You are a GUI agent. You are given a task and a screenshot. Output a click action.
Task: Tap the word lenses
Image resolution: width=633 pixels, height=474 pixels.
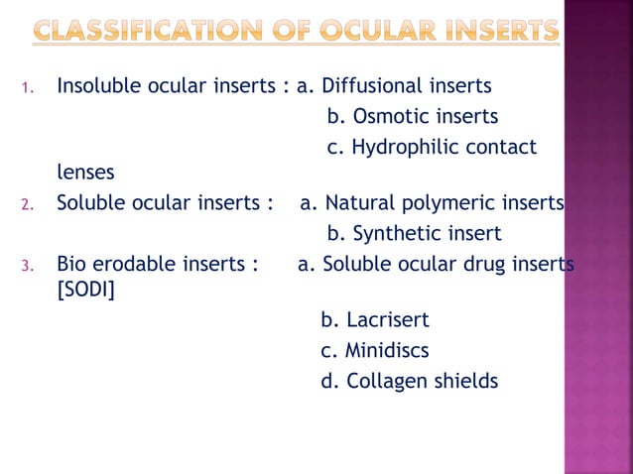pos(85,173)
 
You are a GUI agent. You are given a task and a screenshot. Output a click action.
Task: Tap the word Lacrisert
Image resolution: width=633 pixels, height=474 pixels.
pos(388,321)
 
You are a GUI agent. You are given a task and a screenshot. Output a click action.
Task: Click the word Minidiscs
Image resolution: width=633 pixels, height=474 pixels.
pos(388,351)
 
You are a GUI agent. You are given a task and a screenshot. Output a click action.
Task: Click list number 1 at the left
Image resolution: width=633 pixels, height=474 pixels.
pos(27,89)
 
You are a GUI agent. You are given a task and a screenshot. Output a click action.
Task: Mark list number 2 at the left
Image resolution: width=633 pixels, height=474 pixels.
pos(27,206)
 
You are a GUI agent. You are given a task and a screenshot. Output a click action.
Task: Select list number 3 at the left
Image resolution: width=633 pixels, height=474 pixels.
pos(27,267)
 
